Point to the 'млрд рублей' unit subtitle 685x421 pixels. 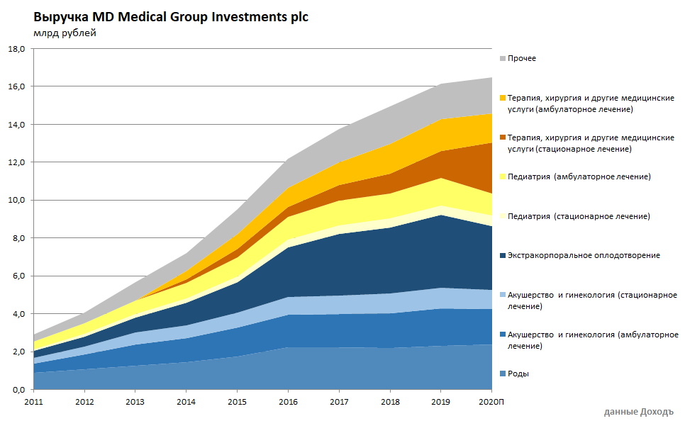pos(65,33)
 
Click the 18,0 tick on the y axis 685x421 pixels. pos(16,49)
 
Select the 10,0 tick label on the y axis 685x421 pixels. pos(16,201)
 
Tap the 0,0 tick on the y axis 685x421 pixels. pos(16,390)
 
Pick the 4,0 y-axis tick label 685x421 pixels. pos(16,314)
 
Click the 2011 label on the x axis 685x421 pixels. pos(33,403)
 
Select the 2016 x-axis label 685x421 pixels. pos(288,403)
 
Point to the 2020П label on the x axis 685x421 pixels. pos(492,403)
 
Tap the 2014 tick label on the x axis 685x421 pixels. pos(186,403)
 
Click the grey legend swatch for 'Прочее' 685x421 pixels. pos(503,59)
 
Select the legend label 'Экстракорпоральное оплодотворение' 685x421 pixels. pos(584,255)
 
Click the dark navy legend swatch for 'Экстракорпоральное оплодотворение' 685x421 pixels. pos(503,255)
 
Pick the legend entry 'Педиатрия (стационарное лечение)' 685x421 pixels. pos(579,216)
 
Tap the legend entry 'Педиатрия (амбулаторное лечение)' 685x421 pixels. pos(579,176)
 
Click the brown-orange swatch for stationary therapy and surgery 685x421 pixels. pos(503,137)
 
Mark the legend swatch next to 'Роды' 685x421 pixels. pos(503,374)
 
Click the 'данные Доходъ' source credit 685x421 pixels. pos(638,412)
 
